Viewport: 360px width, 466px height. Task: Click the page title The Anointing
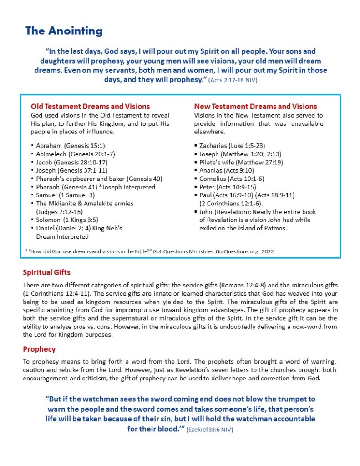64,31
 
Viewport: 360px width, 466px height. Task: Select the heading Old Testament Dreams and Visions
90,107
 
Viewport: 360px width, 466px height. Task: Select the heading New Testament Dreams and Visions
255,107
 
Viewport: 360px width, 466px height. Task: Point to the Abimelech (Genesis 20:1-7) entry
76,154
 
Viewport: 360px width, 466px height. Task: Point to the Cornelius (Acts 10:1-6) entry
231,179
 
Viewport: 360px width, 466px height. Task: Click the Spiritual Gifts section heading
47,272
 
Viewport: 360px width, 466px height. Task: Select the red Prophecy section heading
39,349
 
